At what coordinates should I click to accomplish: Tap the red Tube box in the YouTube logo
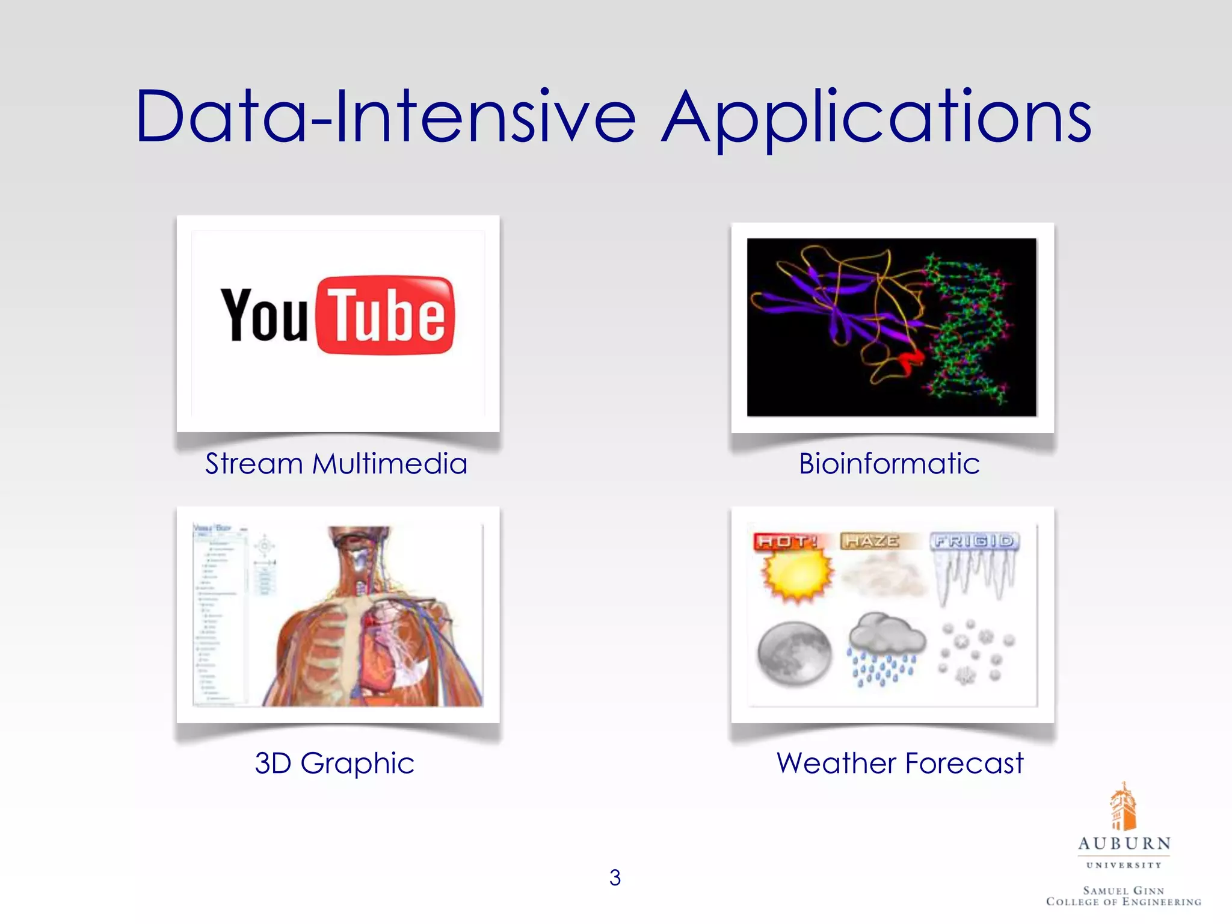pyautogui.click(x=385, y=315)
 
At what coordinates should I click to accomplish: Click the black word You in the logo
pyautogui.click(x=264, y=315)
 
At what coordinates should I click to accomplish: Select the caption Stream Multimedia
pyautogui.click(x=336, y=464)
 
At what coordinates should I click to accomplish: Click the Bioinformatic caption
pyautogui.click(x=889, y=464)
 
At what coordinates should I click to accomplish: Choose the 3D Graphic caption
pyautogui.click(x=334, y=763)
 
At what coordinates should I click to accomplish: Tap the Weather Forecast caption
pyautogui.click(x=899, y=763)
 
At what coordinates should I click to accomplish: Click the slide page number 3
pyautogui.click(x=615, y=878)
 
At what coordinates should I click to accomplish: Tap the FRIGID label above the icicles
pyautogui.click(x=973, y=541)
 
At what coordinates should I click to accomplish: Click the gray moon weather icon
pyautogui.click(x=794, y=653)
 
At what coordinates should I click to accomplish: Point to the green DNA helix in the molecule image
pyautogui.click(x=969, y=328)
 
